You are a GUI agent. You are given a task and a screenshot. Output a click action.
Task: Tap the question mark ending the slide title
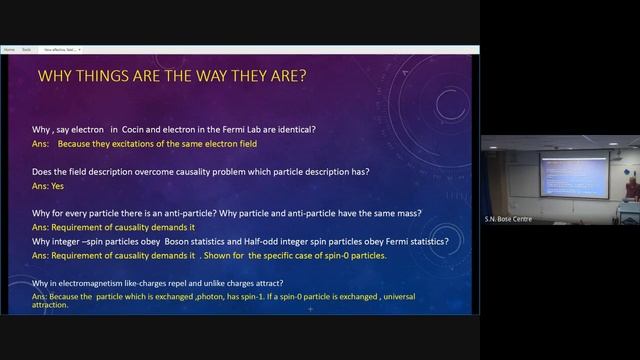(301, 76)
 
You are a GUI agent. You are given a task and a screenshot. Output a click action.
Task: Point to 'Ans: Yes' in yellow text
(48, 186)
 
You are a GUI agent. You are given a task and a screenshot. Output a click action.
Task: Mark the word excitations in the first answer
(131, 144)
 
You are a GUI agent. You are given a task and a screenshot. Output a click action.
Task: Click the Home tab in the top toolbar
(9, 49)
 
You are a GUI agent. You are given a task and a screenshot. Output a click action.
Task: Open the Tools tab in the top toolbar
(27, 49)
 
